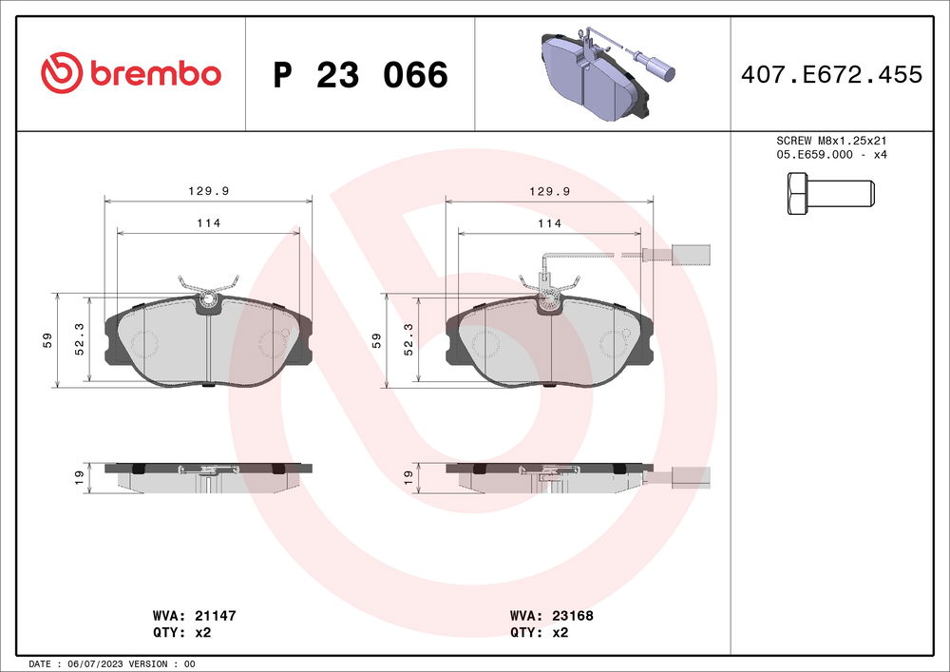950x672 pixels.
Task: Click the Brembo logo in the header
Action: (131, 73)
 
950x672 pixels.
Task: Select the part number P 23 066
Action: (360, 75)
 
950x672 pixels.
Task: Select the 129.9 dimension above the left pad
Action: (208, 191)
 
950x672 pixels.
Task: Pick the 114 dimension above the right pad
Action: (549, 223)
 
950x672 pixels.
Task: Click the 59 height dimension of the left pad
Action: (47, 340)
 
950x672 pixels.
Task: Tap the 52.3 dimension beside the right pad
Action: (408, 339)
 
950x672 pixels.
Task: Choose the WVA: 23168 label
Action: (551, 616)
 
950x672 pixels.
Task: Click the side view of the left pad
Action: (208, 475)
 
